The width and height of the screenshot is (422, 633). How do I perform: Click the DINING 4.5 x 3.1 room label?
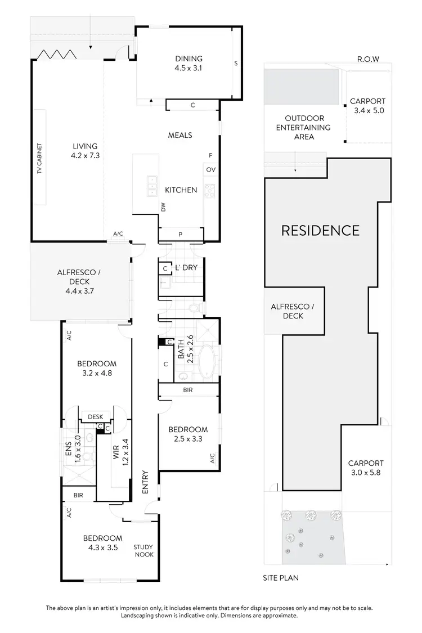[x=188, y=64]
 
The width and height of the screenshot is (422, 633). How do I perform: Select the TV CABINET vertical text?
[x=40, y=158]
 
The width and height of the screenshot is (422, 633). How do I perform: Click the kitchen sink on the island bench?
[x=151, y=186]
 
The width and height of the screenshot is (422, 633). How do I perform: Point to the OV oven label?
[x=211, y=169]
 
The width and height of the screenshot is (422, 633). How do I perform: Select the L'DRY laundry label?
[x=186, y=268]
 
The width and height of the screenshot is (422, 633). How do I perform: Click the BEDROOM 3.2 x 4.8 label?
[x=97, y=368]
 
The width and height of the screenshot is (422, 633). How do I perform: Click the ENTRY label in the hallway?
[x=145, y=482]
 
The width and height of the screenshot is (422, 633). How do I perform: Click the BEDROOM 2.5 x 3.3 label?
[x=188, y=434]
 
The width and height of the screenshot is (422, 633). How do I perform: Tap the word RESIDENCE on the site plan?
[x=320, y=230]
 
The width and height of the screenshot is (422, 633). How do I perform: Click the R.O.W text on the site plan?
[x=368, y=59]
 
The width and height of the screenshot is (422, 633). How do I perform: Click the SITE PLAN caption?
[x=280, y=577]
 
